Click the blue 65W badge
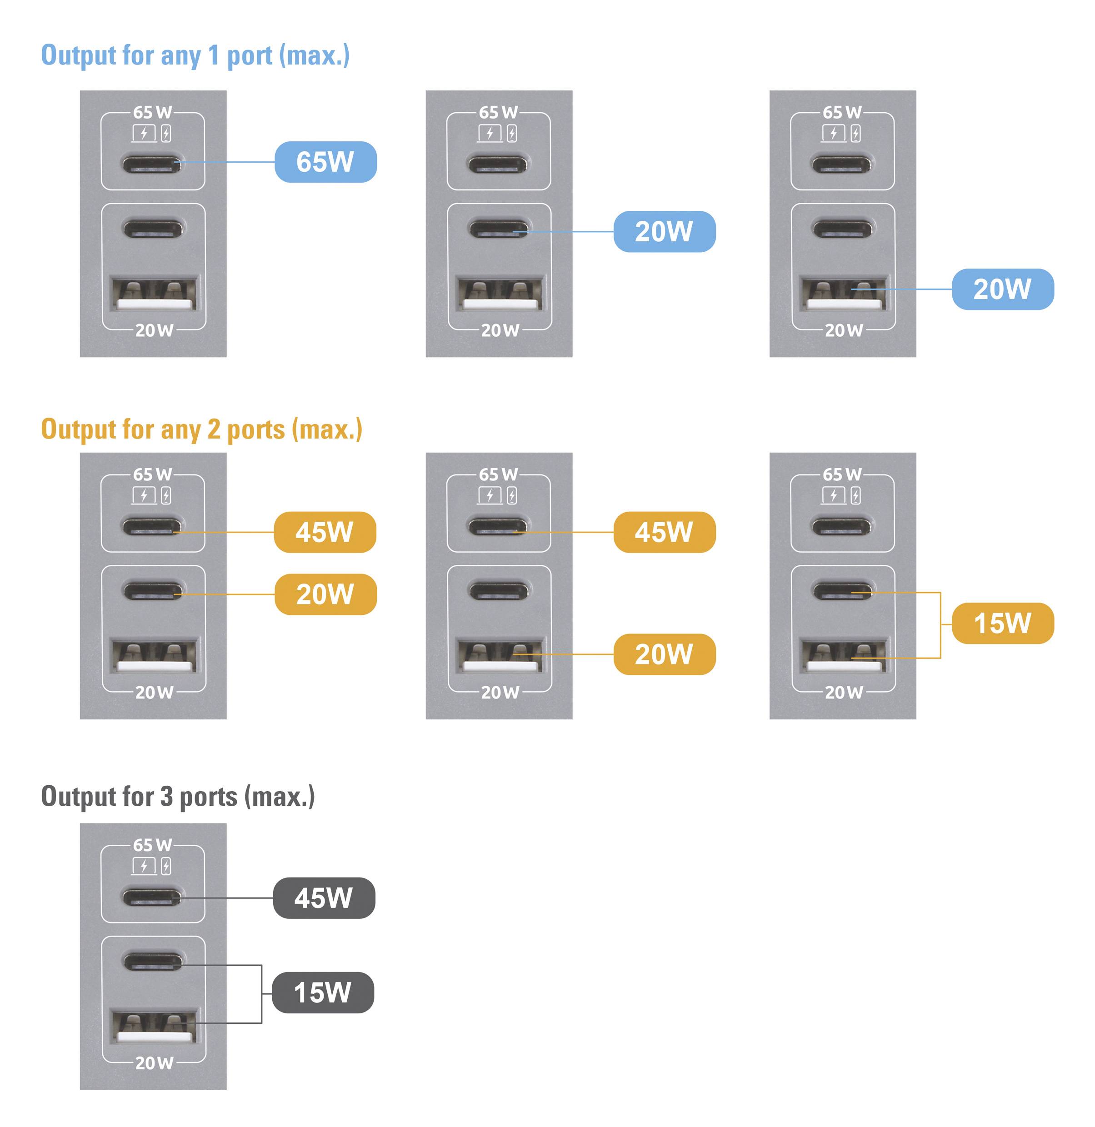tap(325, 162)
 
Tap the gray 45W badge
tap(324, 898)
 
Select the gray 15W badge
tap(323, 992)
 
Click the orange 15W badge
tap(1003, 623)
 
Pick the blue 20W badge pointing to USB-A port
tap(1003, 289)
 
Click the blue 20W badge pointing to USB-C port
tap(664, 232)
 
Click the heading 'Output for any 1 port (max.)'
tap(195, 56)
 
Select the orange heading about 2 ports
tap(201, 429)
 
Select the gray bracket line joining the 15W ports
tap(262, 993)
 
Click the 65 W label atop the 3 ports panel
tap(152, 845)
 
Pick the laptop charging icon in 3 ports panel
tap(144, 866)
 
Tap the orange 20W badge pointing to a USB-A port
tap(664, 654)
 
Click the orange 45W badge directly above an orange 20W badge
tap(325, 533)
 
